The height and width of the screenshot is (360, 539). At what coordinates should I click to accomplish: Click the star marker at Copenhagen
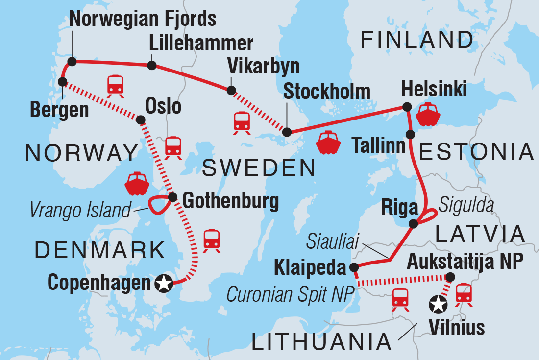pos(163,283)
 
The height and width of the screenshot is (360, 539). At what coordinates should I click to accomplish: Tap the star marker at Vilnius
pos(438,305)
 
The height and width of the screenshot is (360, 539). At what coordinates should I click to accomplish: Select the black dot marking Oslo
pos(141,120)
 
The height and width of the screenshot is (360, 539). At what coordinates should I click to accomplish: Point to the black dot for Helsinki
pos(406,107)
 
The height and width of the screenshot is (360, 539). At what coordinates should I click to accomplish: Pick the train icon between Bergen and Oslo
pos(116,85)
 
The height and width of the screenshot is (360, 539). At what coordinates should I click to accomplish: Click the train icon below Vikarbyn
pos(242,122)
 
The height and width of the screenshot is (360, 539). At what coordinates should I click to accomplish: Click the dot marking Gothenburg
pos(172,197)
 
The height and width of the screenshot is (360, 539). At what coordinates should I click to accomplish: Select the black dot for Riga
pos(414,224)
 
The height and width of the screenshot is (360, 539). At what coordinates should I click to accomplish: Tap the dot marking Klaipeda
pos(354,268)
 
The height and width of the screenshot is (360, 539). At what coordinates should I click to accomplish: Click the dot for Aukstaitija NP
pos(451,277)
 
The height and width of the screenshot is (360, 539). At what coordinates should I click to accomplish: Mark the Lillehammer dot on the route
pos(152,65)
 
